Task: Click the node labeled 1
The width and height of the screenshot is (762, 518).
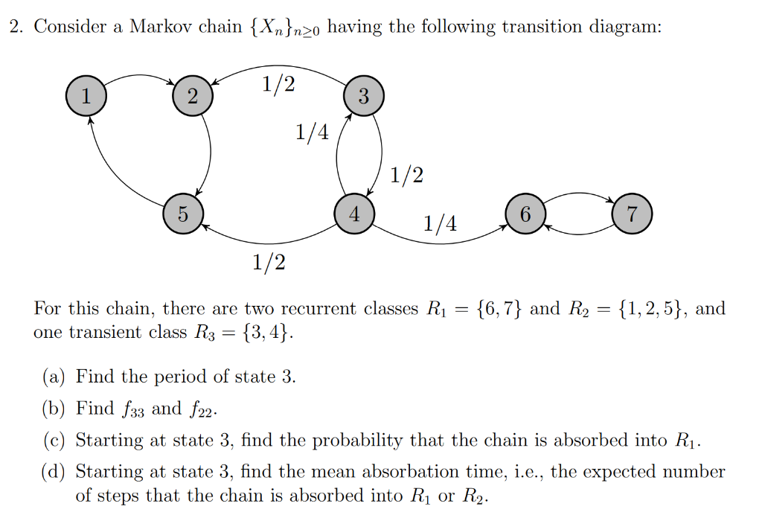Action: click(x=86, y=96)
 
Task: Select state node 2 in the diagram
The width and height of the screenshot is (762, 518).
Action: click(x=193, y=96)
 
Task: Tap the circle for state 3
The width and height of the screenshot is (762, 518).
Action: click(x=363, y=96)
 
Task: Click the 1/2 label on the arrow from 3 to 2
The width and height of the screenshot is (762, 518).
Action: click(x=278, y=84)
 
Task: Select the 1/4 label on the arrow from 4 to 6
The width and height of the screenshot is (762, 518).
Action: click(x=441, y=223)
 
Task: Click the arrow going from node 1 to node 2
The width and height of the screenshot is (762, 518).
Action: click(x=140, y=77)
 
